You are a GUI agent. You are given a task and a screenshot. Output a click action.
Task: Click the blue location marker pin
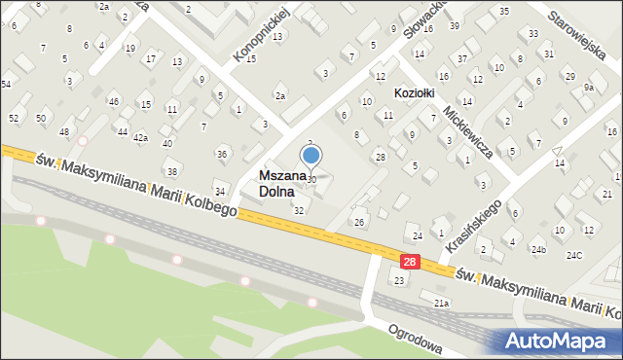[311, 155]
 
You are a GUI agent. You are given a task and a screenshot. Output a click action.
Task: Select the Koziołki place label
[415, 90]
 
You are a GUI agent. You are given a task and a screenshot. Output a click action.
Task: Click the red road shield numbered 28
[410, 261]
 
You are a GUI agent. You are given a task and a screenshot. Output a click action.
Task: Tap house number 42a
[140, 138]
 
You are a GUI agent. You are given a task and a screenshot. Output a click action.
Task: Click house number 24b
[538, 250]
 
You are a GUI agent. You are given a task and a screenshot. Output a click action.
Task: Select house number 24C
[574, 255]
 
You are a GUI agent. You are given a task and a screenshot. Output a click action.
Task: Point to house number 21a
[441, 304]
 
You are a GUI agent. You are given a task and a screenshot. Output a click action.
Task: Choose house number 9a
[589, 88]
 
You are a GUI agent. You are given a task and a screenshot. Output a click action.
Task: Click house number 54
[6, 85]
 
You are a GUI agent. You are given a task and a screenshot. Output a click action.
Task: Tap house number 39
[455, 25]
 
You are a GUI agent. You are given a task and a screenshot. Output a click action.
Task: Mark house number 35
[503, 11]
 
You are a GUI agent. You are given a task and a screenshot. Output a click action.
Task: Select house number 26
[358, 223]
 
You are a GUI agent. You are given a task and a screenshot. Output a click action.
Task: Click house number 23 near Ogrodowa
[398, 280]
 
